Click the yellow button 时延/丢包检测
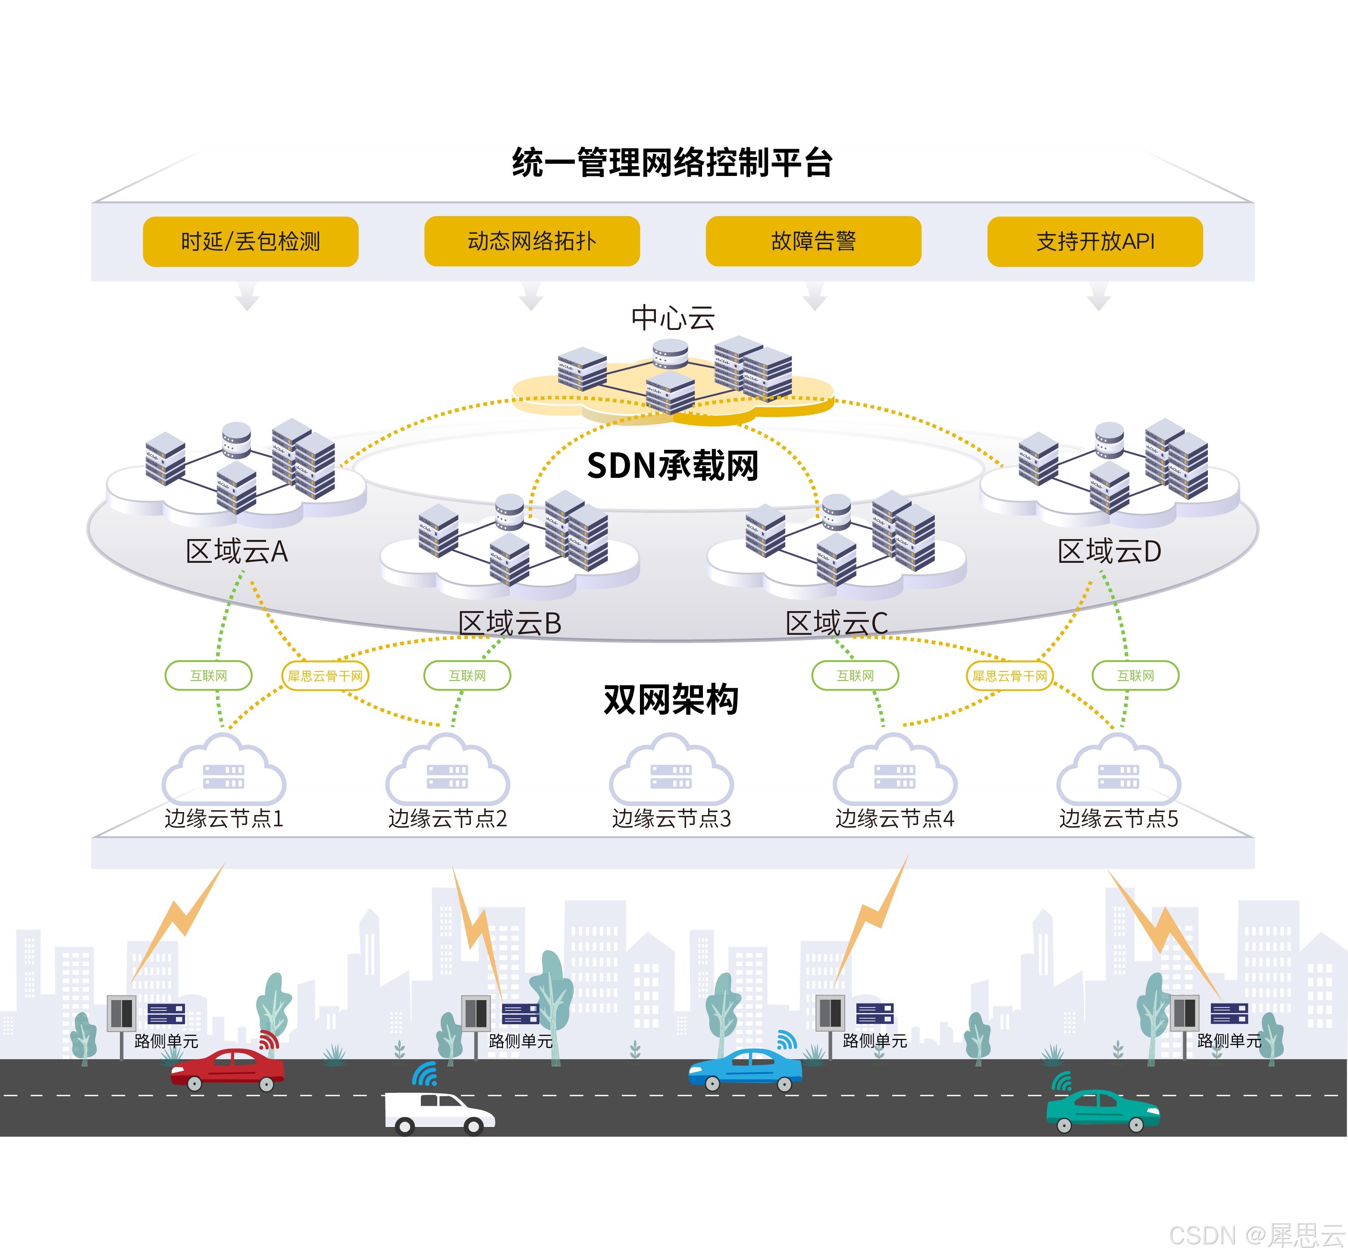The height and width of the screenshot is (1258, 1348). (x=250, y=242)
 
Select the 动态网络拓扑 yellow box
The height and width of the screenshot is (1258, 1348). (x=532, y=242)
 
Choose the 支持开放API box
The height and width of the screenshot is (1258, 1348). (x=1094, y=242)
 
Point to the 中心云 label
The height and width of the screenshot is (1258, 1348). (x=673, y=317)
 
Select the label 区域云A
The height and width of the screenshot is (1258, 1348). (x=237, y=551)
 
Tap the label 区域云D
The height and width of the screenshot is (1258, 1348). (x=1110, y=551)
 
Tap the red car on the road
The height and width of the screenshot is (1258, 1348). (x=227, y=1068)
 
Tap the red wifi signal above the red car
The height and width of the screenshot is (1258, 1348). (x=269, y=1040)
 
